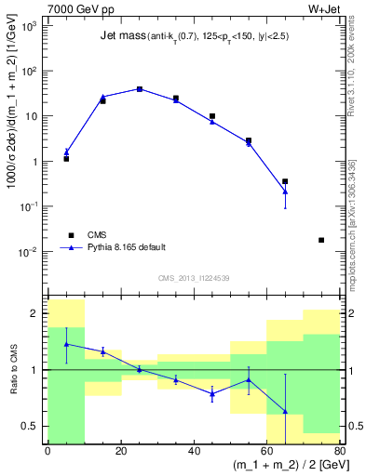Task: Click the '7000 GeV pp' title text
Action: pos(75,8)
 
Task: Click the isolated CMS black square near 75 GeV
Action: pos(321,240)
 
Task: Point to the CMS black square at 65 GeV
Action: pos(285,181)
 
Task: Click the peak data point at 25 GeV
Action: pos(139,89)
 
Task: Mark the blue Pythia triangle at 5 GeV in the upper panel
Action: pos(66,152)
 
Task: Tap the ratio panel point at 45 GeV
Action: pos(212,393)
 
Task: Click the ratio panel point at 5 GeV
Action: pos(66,344)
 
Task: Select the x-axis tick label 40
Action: pos(194,452)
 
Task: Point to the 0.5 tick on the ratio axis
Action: pos(35,426)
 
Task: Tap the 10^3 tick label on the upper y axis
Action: pos(30,26)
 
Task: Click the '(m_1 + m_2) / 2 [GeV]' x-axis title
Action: pos(280,468)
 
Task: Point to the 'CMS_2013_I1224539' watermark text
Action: pos(193,278)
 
